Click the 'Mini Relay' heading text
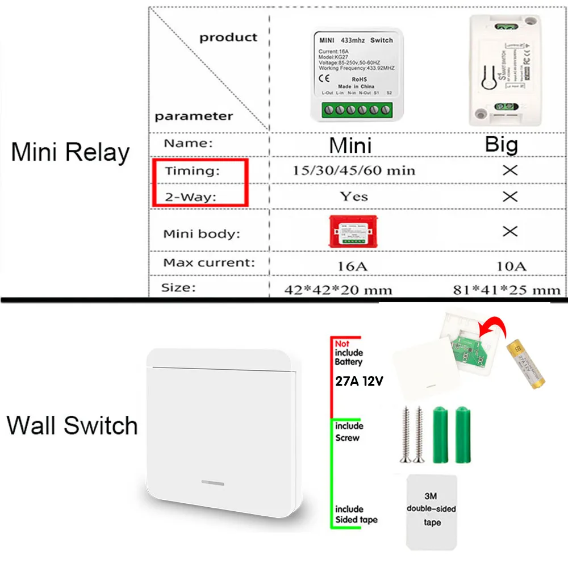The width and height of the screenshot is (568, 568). [x=70, y=152]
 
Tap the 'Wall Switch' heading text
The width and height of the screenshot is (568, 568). [x=73, y=425]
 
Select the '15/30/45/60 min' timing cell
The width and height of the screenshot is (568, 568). [x=354, y=170]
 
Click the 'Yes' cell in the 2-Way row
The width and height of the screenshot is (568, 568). [x=354, y=197]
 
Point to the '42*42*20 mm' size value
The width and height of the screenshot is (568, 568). [x=338, y=290]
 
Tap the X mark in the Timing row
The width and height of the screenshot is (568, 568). [x=510, y=170]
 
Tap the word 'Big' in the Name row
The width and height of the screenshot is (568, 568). [x=502, y=144]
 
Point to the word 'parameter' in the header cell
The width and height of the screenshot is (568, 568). [x=194, y=116]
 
